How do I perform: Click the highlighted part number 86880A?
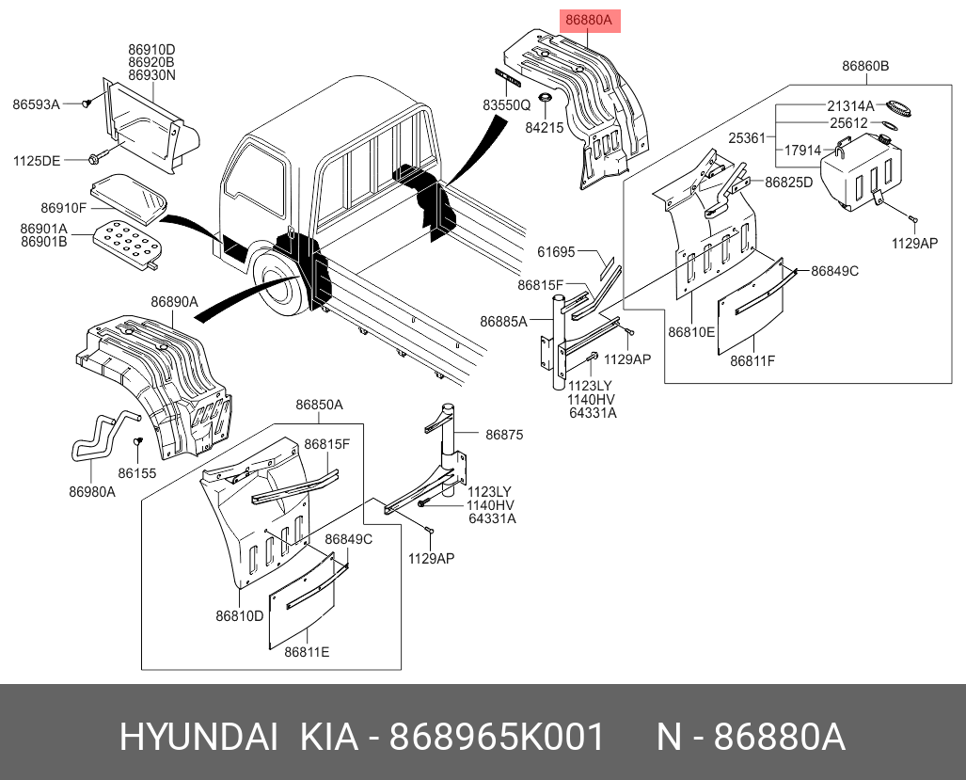pyautogui.click(x=588, y=20)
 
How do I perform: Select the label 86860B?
pyautogui.click(x=865, y=67)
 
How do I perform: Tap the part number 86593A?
pyautogui.click(x=36, y=104)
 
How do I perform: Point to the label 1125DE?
pyautogui.click(x=36, y=161)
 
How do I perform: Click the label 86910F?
pyautogui.click(x=64, y=207)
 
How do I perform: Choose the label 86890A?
pyautogui.click(x=174, y=302)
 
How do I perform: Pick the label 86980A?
pyautogui.click(x=91, y=491)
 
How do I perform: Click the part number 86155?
pyautogui.click(x=137, y=473)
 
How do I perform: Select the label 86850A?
pyautogui.click(x=319, y=405)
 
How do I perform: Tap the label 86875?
pyautogui.click(x=504, y=435)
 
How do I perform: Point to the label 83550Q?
pyautogui.click(x=507, y=106)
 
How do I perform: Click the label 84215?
pyautogui.click(x=544, y=125)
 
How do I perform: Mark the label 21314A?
pyautogui.click(x=850, y=105)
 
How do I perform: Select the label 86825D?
pyautogui.click(x=788, y=182)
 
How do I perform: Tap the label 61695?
pyautogui.click(x=556, y=251)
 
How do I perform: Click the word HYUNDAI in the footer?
pyautogui.click(x=198, y=738)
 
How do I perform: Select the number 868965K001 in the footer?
pyautogui.click(x=497, y=738)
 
